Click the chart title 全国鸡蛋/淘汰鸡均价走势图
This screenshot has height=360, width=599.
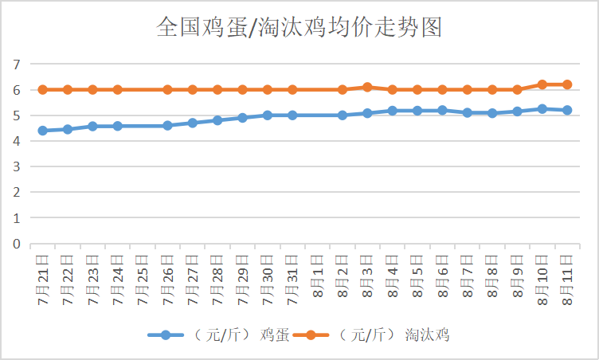pos(299,29)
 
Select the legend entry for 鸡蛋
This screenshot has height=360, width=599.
pos(219,335)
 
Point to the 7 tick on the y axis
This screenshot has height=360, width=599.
pos(15,65)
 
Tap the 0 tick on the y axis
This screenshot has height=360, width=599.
pos(15,244)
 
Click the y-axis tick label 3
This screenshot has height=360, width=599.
pos(15,166)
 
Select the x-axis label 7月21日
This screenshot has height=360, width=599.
pos(43,276)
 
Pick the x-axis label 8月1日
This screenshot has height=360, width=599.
pos(318,276)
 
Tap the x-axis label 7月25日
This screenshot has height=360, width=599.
pos(143,276)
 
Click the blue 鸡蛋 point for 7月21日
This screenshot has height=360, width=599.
pos(43,131)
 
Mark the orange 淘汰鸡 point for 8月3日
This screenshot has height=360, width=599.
pos(367,87)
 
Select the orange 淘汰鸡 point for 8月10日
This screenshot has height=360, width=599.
pos(542,84)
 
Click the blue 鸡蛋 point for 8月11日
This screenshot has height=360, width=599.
pos(567,110)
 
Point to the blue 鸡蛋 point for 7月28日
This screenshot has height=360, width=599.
pos(217,120)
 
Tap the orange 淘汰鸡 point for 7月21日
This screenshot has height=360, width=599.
pos(43,89)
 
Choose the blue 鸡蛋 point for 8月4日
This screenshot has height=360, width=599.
pos(393,110)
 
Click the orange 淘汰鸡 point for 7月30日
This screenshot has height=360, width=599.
pos(268,89)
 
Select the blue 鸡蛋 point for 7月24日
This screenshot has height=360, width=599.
pos(118,126)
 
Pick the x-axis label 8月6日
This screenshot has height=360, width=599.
pos(442,276)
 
